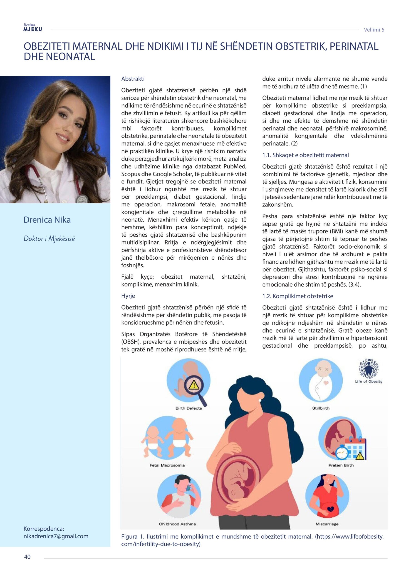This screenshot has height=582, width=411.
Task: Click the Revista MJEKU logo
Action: [32, 27]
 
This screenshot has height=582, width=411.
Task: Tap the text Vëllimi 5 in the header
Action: [374, 30]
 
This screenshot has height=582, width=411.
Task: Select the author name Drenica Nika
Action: [47, 220]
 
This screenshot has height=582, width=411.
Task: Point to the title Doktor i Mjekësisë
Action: [49, 238]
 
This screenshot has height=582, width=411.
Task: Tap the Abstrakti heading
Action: [133, 79]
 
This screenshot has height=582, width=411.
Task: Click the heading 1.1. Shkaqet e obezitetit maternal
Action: [305, 155]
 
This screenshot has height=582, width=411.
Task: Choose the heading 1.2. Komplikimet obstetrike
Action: [297, 296]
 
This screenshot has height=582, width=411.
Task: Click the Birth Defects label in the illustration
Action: [188, 408]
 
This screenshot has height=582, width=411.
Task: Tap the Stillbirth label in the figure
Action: [321, 408]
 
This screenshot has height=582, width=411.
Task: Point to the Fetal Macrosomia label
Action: [167, 465]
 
